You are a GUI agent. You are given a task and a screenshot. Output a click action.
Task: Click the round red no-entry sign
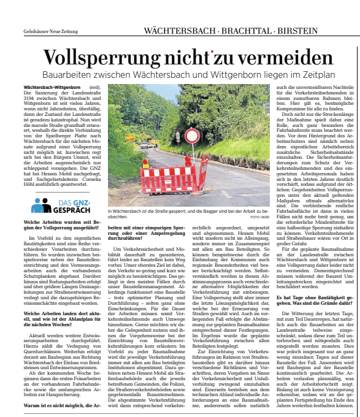(192, 136)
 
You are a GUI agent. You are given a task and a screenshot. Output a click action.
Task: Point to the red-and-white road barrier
(174, 176)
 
